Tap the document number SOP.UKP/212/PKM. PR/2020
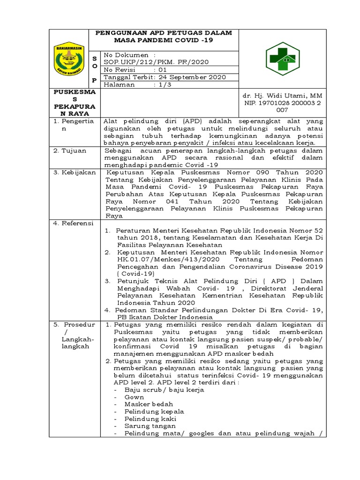tap(156, 62)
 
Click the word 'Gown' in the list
tap(134, 397)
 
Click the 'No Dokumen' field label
tap(122, 54)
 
